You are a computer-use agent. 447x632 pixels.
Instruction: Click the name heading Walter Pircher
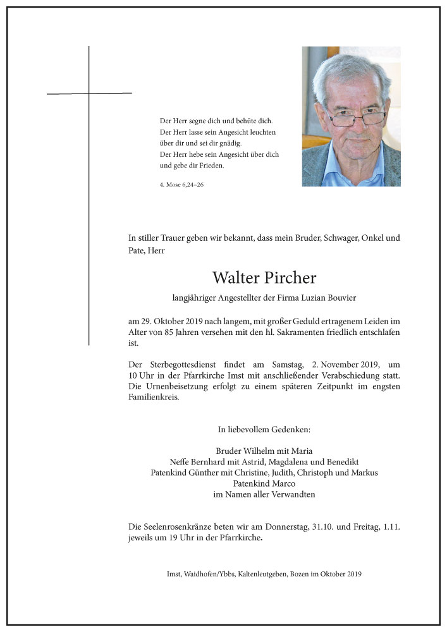tap(264, 278)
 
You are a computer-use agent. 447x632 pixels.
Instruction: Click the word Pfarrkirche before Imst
tap(212, 375)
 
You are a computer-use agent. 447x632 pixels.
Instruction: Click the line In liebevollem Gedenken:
tap(264, 429)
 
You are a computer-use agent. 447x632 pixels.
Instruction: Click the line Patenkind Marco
tap(264, 483)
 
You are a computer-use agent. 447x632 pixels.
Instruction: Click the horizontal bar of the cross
tap(89, 94)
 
